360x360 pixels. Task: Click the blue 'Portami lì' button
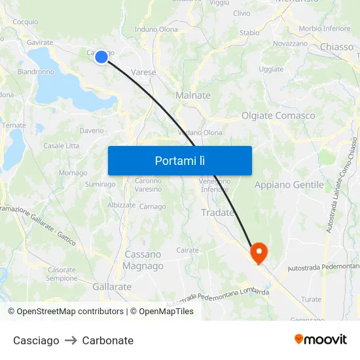[179, 160]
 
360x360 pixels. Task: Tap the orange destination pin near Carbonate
[259, 252]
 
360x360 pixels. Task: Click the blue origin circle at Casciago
[101, 57]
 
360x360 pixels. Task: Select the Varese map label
[143, 72]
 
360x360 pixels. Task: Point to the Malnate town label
[193, 96]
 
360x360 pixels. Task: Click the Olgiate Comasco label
[278, 116]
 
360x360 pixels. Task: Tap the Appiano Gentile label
[289, 185]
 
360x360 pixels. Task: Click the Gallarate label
[112, 287]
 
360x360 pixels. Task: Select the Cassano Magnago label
[143, 260]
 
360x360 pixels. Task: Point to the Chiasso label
[336, 47]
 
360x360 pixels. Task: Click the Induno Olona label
[156, 29]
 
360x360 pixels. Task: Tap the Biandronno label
[35, 72]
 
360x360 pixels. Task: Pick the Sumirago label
[99, 185]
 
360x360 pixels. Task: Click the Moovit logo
[321, 339]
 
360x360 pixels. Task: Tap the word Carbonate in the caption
[107, 340]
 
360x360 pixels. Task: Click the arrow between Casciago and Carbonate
[71, 340]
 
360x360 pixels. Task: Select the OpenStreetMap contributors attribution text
[66, 312]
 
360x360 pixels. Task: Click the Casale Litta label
[61, 146]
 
